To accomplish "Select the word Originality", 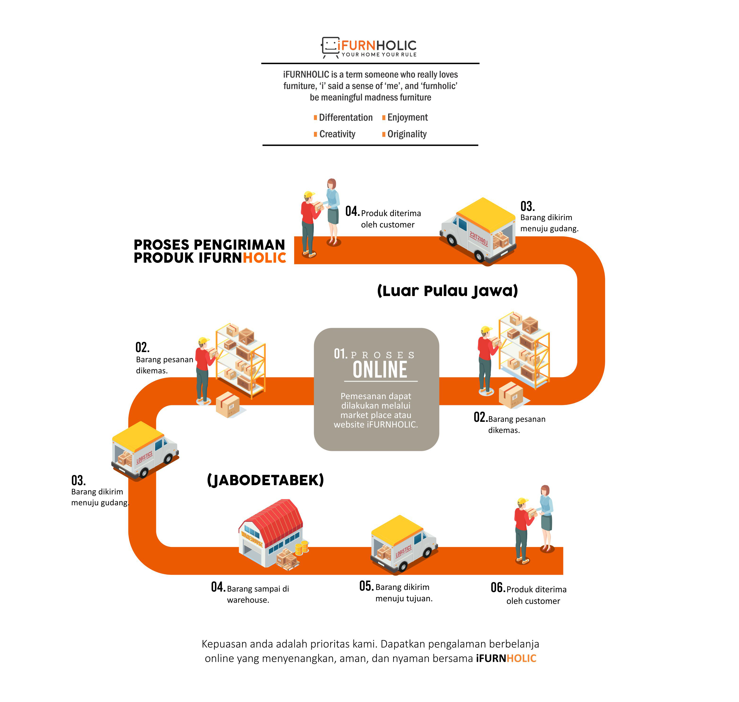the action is pos(407,134).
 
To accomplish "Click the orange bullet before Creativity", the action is pos(315,134).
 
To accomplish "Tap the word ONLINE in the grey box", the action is pos(380,370).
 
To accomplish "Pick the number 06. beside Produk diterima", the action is pos(498,588).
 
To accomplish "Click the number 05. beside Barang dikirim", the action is pos(366,586).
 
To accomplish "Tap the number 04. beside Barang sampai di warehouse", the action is pos(218,587).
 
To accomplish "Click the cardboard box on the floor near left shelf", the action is pos(228,405).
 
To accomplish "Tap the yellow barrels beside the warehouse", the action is pos(302,547).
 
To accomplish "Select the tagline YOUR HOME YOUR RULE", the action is pos(379,55).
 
